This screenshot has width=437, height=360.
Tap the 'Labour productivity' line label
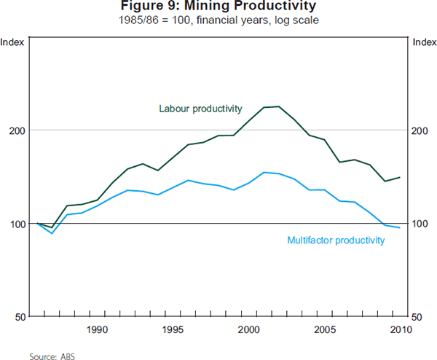[200, 109]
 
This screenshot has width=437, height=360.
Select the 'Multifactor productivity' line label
[336, 240]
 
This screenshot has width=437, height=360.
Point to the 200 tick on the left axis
[17, 130]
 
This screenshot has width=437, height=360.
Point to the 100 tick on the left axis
[17, 224]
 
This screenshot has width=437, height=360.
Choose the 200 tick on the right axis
[420, 130]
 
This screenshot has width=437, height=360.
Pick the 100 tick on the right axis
[420, 224]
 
